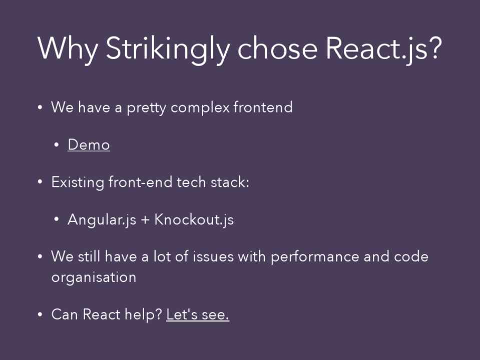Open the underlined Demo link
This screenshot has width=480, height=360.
[x=89, y=144]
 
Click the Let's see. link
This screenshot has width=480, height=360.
[x=198, y=314]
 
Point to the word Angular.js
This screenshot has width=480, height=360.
[x=102, y=219]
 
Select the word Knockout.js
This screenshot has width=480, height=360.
[x=194, y=219]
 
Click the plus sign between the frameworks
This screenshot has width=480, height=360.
[x=145, y=220]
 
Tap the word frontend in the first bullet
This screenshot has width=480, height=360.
[x=263, y=107]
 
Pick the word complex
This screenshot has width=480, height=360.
[x=200, y=107]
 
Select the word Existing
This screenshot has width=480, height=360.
[x=78, y=182]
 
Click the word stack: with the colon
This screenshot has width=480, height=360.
[x=230, y=182]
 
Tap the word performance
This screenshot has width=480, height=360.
[x=315, y=257]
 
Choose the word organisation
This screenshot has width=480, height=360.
[x=94, y=278]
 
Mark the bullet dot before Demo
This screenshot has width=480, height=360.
[x=57, y=145]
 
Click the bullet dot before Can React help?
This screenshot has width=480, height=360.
[x=40, y=314]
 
